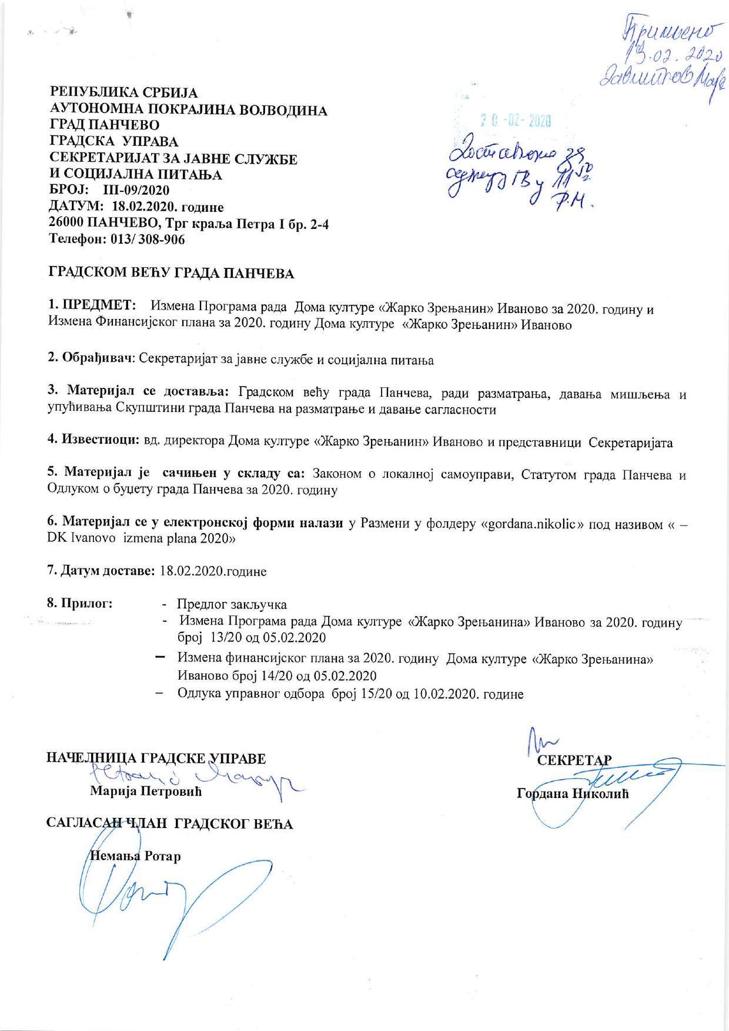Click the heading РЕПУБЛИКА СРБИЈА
123,93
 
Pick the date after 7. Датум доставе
213,571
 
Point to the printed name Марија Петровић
145,791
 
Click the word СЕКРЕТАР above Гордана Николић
575,759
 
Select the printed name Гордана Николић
573,793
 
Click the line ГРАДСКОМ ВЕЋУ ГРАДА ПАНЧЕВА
170,273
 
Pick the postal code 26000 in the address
65,224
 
